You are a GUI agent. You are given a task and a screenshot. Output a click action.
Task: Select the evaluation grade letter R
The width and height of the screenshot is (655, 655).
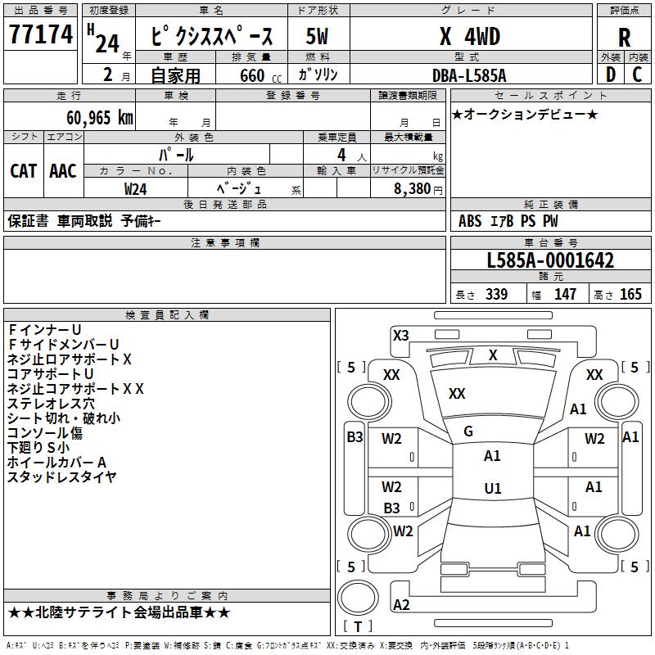pos(624,38)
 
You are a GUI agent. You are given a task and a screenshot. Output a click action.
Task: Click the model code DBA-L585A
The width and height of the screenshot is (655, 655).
pos(469,75)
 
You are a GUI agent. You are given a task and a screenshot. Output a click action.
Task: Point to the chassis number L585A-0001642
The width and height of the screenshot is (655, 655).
pos(550,261)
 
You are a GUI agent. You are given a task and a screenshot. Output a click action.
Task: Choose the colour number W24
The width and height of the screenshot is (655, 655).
pos(136,188)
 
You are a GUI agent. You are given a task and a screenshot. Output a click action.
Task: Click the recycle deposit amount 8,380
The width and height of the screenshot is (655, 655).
pos(406,188)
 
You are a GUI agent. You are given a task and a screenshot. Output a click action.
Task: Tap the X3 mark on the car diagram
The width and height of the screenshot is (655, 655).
pos(400,335)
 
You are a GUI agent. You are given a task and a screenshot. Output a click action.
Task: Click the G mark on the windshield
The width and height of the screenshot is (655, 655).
pos(468,431)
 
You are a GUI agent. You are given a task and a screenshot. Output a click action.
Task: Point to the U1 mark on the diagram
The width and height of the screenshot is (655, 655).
pos(492,489)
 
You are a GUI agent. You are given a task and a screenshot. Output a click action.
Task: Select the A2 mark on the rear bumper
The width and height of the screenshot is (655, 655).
pos(401,605)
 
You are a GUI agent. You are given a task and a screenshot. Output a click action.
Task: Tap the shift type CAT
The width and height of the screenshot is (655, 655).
pos(24,171)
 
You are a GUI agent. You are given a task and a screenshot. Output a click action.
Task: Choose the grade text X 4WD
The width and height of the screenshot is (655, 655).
pos(469,37)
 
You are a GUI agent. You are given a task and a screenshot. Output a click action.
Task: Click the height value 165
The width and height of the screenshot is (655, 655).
pos(630,295)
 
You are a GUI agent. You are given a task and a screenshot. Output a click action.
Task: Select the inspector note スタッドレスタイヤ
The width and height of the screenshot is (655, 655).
pos(62,477)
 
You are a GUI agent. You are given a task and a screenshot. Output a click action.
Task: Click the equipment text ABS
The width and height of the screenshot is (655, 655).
pos(470,221)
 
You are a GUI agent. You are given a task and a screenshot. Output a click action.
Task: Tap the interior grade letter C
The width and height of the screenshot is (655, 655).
pos(637,75)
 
